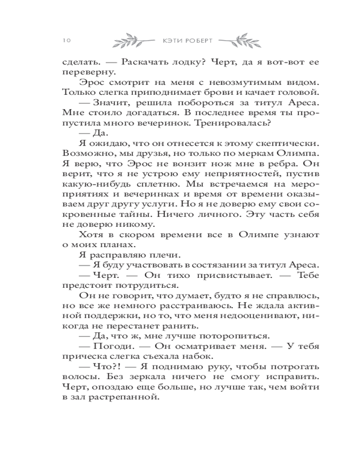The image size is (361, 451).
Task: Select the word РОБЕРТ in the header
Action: tap(202, 41)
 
